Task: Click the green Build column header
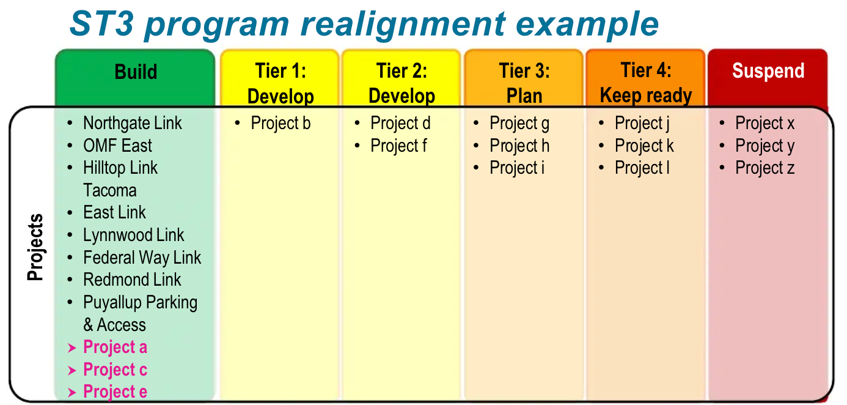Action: [135, 73]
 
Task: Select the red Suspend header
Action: [768, 72]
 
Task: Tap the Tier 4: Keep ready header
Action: [646, 83]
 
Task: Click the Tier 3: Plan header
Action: [524, 83]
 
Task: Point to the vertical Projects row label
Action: [36, 247]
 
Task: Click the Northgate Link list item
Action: [132, 124]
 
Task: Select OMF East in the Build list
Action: [117, 146]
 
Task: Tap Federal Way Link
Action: [142, 258]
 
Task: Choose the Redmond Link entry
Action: [132, 280]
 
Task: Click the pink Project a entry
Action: [115, 347]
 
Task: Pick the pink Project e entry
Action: [115, 392]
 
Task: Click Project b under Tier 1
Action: [280, 124]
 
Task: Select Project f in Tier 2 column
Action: [398, 146]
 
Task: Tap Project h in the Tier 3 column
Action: [519, 146]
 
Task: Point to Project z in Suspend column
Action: [765, 168]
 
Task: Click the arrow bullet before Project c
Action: [72, 370]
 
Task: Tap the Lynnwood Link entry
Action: [133, 236]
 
